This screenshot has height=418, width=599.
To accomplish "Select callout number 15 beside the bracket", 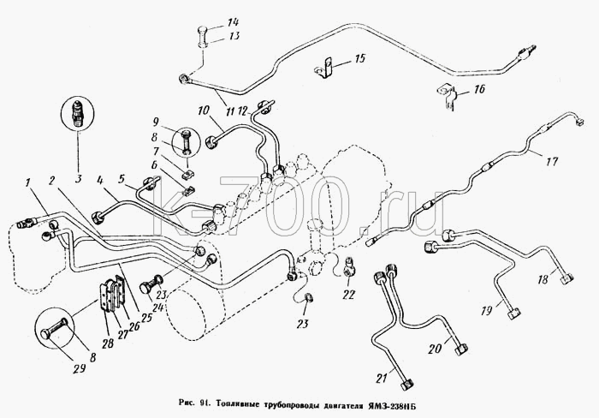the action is click(x=359, y=58).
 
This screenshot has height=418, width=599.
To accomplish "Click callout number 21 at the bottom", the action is click(x=382, y=379).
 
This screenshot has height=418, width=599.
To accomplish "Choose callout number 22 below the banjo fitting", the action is click(x=349, y=295).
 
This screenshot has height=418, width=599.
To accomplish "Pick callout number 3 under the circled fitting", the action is click(x=78, y=179).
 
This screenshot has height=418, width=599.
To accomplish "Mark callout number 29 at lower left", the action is click(x=79, y=368).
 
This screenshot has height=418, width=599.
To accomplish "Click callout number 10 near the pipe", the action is click(x=203, y=110).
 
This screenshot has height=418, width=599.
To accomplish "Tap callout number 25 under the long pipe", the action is click(x=147, y=318).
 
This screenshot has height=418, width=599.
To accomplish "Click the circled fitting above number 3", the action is click(x=78, y=113).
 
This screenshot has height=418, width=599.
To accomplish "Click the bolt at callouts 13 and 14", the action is click(x=204, y=37).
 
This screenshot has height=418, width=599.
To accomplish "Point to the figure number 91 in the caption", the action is click(x=205, y=403).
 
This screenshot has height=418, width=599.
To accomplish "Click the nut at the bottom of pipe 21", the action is click(x=407, y=384).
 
